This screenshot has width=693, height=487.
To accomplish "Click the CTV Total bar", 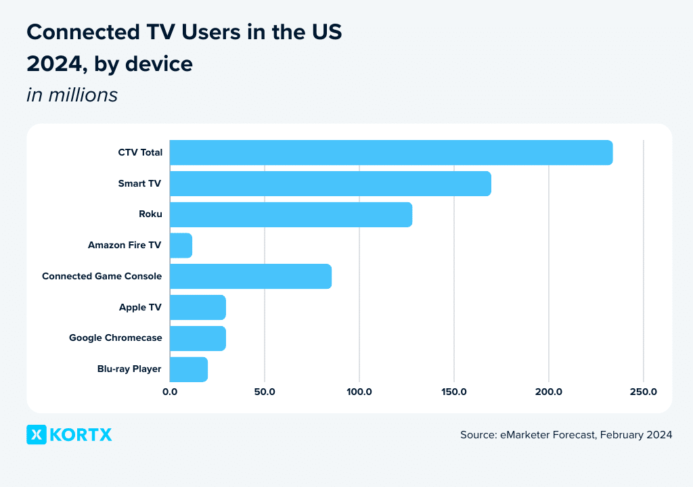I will tap(391, 152).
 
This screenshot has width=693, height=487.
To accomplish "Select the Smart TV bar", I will tap(330, 183).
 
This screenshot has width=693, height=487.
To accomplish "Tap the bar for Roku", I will tap(291, 214).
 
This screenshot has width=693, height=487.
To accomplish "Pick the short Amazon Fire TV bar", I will tap(181, 246).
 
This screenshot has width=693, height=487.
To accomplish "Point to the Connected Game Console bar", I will tap(250, 277).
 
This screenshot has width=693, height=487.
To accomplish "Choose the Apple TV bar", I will tap(198, 308).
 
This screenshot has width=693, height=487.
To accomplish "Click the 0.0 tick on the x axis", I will tap(170, 392).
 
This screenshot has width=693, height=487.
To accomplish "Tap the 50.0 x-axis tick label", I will tap(265, 392).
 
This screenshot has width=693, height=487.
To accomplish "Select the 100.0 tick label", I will tap(359, 392).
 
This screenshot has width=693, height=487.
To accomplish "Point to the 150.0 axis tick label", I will tap(454, 392).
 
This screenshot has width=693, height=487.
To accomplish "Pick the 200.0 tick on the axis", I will tap(549, 392).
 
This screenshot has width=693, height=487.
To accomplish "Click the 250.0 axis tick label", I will tap(644, 392).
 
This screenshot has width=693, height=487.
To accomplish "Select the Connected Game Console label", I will tap(102, 277).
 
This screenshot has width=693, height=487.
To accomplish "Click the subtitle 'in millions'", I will tap(72, 95).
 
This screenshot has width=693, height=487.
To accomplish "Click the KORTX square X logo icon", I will tap(37, 435).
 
